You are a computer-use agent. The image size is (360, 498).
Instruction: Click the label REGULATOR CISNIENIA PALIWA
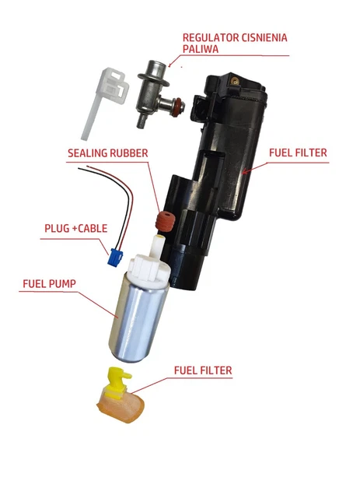(235, 44)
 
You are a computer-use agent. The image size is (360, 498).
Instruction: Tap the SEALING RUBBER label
(108, 153)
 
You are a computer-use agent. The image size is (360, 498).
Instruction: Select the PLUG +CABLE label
(76, 228)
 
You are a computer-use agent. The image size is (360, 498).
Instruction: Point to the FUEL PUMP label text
(50, 283)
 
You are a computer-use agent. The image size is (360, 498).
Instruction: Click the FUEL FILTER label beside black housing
(298, 153)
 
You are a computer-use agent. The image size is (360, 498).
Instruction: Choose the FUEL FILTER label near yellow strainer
(203, 370)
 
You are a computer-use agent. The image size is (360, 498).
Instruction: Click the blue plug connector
(115, 258)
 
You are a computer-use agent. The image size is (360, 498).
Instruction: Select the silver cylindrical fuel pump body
(138, 321)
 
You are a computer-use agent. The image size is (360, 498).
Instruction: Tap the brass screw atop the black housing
(235, 81)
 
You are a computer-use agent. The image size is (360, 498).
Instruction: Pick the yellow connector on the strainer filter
(118, 382)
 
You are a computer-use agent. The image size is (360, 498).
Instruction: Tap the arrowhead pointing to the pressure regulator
(170, 65)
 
